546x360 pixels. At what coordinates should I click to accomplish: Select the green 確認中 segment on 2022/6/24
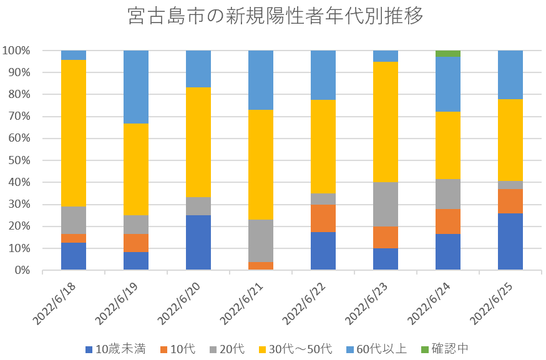pos(448,54)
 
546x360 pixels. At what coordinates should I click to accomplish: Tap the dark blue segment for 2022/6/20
pos(198,243)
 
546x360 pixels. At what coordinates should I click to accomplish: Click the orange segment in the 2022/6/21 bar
pos(261,266)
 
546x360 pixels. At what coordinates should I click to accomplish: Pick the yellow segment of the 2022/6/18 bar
pos(74,133)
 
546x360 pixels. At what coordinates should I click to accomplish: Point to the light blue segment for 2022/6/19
pos(136,87)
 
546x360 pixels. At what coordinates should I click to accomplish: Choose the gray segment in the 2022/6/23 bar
pos(386,204)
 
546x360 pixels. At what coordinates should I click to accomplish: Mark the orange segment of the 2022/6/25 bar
pos(510,201)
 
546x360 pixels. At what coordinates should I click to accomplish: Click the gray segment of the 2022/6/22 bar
pos(323,198)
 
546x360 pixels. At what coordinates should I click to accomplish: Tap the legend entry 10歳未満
pos(115,349)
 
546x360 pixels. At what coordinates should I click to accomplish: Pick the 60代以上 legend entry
pos(375,349)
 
